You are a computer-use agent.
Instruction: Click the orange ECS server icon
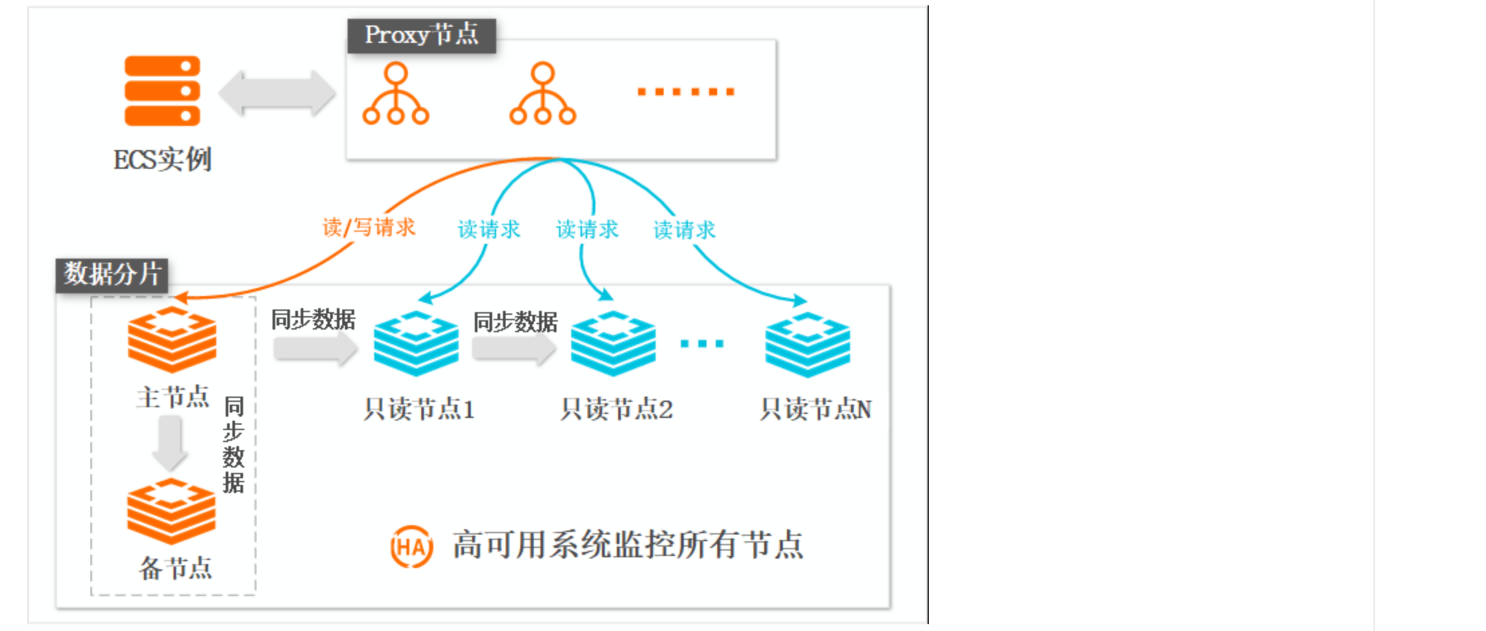coord(162,90)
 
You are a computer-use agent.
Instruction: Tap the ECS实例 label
coord(162,160)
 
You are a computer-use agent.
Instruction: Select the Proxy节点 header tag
coord(421,35)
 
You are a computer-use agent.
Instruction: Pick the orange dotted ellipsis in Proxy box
coord(685,92)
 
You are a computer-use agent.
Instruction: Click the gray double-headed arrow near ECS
coord(277,92)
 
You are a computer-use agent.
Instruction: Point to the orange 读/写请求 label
coord(368,227)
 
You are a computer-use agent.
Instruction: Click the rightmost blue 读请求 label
coord(684,230)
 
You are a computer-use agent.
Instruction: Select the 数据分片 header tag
coord(112,275)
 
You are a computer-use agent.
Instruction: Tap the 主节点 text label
coord(173,397)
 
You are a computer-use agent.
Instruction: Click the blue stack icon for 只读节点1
coord(416,343)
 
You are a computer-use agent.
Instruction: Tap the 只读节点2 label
coord(616,409)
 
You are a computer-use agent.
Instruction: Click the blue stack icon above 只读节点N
coord(807,344)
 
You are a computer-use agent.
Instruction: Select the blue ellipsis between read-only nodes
coord(701,344)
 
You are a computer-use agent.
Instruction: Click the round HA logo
coord(411,547)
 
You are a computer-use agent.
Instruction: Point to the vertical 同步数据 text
coord(234,444)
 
